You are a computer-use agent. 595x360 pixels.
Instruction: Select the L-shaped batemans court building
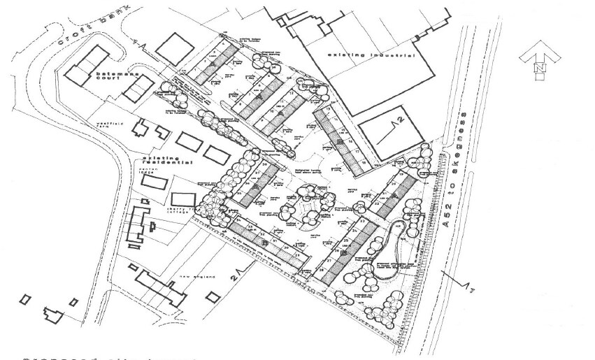pos(87,62)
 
